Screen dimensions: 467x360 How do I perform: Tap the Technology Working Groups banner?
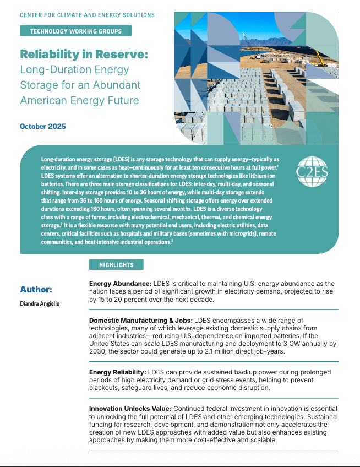coord(76,31)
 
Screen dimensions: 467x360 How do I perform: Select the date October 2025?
coord(43,127)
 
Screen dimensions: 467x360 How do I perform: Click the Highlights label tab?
coord(116,265)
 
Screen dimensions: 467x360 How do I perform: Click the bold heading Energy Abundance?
coord(120,284)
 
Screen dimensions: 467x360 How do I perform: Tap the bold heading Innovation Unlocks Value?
coord(130,409)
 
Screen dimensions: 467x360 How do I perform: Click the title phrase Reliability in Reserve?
coord(84,55)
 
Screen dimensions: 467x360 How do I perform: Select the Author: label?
coord(36,290)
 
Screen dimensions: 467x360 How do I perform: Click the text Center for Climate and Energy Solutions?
coord(87,15)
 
